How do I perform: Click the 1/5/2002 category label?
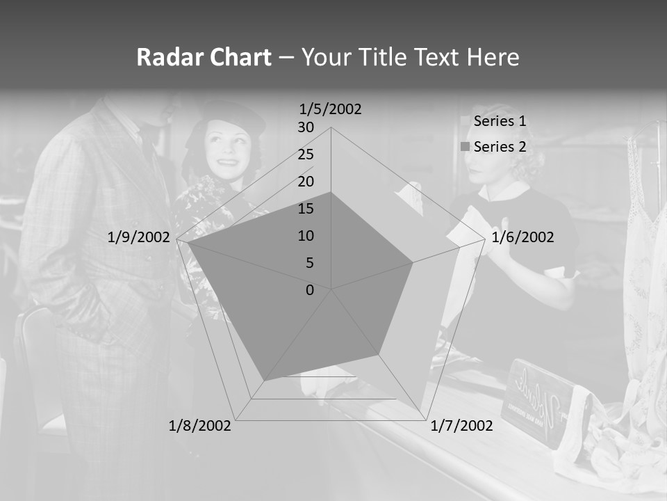[x=331, y=109]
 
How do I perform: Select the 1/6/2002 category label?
[x=522, y=237]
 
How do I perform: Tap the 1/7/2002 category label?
[x=461, y=426]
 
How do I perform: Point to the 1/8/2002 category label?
[x=200, y=426]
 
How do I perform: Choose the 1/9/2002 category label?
[x=138, y=237]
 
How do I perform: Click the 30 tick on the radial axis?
[x=306, y=127]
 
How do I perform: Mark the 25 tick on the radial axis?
[x=306, y=154]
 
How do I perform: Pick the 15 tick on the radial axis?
[x=306, y=209]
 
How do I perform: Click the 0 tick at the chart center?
[x=310, y=290]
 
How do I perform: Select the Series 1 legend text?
[x=500, y=121]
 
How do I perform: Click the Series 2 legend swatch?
[x=464, y=147]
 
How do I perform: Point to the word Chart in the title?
[x=238, y=57]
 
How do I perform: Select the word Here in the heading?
[x=493, y=57]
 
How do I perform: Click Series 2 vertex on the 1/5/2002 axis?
[x=331, y=193]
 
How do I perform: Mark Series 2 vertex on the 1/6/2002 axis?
[x=413, y=262]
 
